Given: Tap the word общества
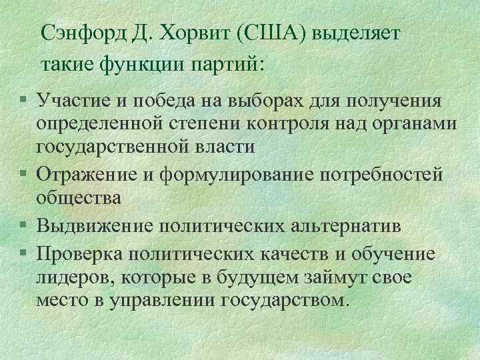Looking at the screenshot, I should coord(79,198).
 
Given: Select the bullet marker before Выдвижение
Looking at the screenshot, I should coord(23,227).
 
